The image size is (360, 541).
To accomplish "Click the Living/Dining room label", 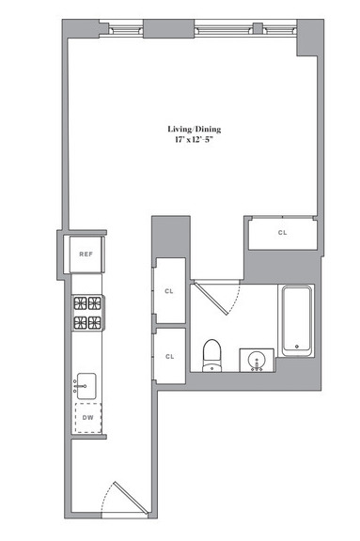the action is pos(195,130).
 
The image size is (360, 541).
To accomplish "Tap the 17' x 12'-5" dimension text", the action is pos(194,140).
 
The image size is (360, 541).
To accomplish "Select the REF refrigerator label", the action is pos(86,255).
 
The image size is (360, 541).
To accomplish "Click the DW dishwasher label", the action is pos(88,417).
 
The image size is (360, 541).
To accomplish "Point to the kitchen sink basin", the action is pos(86,386).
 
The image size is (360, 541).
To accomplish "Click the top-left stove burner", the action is pos(80,303).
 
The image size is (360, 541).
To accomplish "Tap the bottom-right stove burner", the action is pos(94,323).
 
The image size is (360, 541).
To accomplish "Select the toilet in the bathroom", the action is pos(211,355).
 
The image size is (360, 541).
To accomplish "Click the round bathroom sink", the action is pos(257,361).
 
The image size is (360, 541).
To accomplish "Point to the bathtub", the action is pos(297,320).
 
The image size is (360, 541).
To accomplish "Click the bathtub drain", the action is pos(297,347).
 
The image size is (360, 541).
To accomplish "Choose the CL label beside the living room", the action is pos(282,233).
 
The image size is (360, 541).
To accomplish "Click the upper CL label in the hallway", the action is pos(169,291).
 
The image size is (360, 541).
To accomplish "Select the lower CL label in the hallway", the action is pos(169,356).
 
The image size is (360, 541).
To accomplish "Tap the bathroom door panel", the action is pos(211,298).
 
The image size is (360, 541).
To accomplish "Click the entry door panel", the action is pos(132,497).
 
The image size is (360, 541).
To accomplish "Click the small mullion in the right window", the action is pos(258,27).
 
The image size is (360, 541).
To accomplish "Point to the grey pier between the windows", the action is pos(169,28).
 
